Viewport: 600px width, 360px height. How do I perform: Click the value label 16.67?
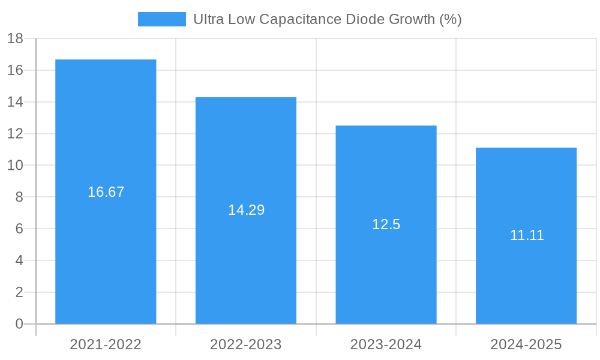coord(106,192)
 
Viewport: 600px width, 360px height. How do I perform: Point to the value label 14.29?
coord(246,210)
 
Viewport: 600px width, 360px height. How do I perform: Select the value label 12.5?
coord(386,224)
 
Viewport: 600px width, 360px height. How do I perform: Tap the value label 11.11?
coord(527,235)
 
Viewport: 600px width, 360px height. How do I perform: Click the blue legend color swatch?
coord(161,19)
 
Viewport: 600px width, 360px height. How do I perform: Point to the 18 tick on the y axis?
coord(15,39)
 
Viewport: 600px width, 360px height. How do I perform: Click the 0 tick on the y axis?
coord(19,324)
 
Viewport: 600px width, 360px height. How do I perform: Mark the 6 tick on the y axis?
coord(19,229)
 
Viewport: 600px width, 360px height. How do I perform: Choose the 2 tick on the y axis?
coord(19,292)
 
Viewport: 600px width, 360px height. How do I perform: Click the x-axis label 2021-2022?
coord(106,344)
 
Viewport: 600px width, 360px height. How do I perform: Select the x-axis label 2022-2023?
coord(246,344)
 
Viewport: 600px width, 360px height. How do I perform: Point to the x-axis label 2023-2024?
coord(386,344)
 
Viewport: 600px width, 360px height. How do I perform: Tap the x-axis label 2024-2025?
coord(526,344)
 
